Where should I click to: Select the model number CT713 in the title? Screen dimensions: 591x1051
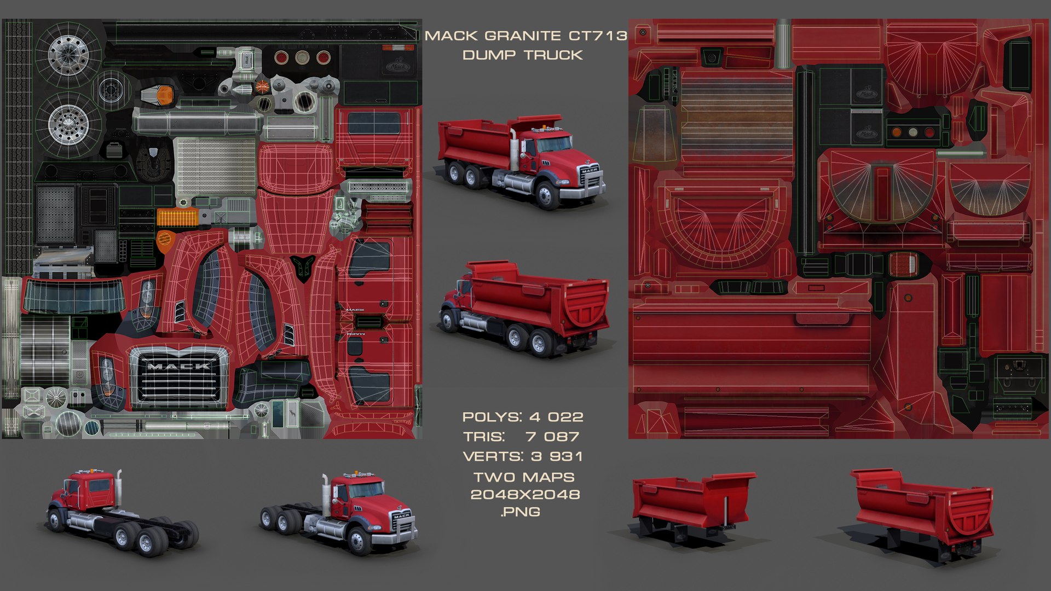click(598, 36)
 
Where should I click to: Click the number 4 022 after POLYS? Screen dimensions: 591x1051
click(557, 417)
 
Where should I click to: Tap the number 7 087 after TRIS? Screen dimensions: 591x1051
click(552, 437)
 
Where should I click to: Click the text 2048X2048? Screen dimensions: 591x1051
click(525, 495)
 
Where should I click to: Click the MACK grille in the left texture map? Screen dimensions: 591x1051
click(178, 378)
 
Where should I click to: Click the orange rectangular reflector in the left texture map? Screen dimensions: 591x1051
click(177, 217)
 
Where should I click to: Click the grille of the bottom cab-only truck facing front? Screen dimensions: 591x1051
click(401, 523)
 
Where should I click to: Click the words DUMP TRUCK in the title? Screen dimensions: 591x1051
click(522, 55)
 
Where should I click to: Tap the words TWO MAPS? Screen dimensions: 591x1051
click(524, 477)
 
